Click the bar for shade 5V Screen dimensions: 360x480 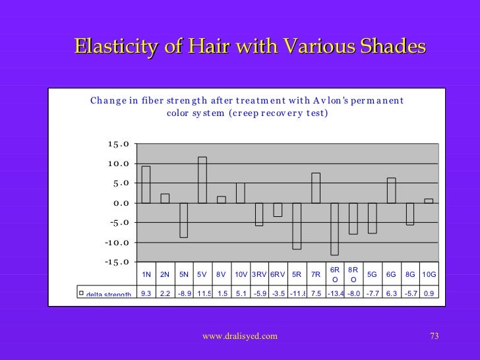(x=202, y=179)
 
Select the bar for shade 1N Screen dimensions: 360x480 (x=146, y=185)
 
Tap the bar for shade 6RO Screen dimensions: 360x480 (x=334, y=229)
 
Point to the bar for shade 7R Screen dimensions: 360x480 (x=316, y=188)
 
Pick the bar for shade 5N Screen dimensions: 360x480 (x=183, y=220)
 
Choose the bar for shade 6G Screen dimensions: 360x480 (x=391, y=191)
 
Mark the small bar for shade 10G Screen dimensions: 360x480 (x=429, y=200)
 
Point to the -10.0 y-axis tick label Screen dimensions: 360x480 (x=116, y=243)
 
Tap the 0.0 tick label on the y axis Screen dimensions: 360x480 (x=121, y=203)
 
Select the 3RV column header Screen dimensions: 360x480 (x=259, y=275)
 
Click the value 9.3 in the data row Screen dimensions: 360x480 (x=146, y=293)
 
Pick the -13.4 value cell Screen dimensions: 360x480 (x=334, y=293)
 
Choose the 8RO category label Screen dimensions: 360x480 (x=353, y=275)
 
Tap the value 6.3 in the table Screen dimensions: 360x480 (x=391, y=293)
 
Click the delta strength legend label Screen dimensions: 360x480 (x=108, y=294)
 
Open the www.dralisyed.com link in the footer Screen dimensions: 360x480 (x=240, y=337)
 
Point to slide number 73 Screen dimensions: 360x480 (x=433, y=337)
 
